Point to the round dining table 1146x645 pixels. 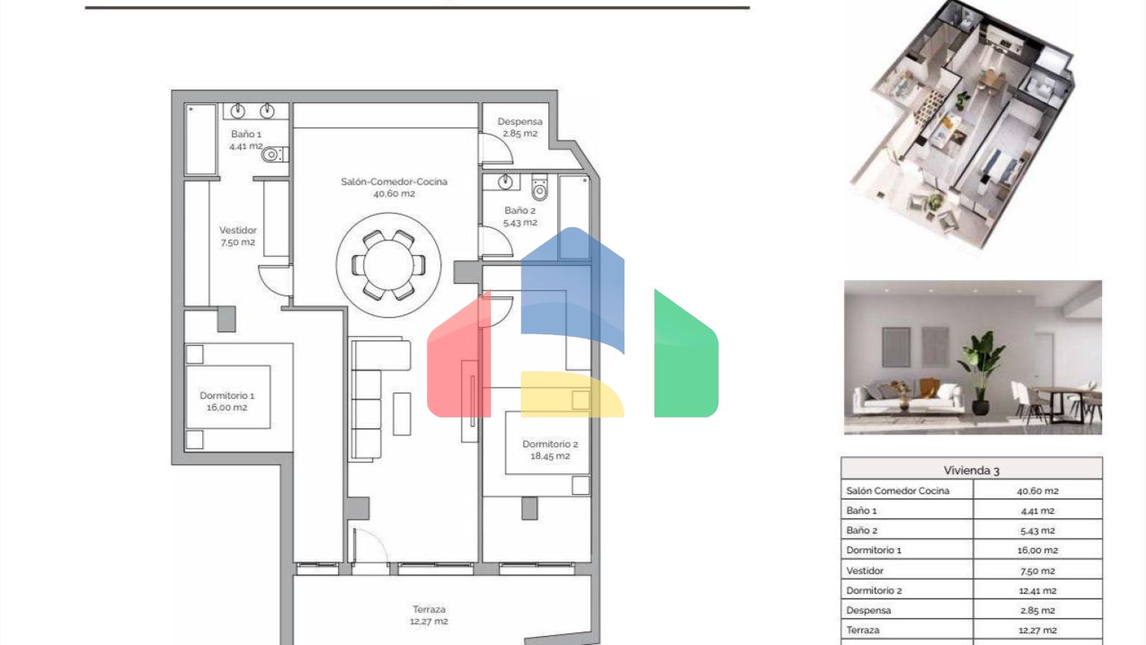[x=389, y=265]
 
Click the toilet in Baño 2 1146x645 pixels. [x=539, y=187]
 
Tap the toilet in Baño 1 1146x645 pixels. [x=275, y=154]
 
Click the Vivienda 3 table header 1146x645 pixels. [x=971, y=470]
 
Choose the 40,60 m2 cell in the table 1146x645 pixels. [x=1038, y=491]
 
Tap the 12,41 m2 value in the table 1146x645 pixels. [x=1038, y=591]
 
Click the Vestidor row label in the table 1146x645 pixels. [x=865, y=571]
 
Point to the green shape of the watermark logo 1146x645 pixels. [x=686, y=353]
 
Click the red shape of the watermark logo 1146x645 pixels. [x=459, y=358]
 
